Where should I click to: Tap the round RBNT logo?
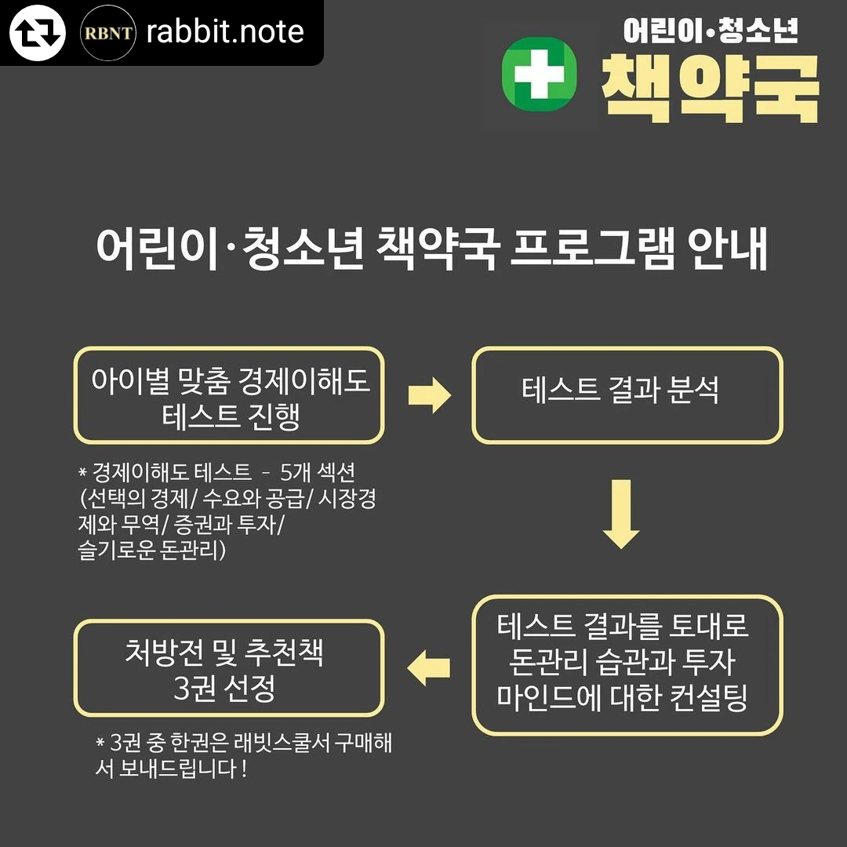coord(109,32)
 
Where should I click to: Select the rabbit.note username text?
coord(225,32)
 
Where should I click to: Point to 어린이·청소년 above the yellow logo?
coord(711,31)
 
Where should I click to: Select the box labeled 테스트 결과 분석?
coord(627,395)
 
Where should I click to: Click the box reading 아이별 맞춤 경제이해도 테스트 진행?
coord(229,395)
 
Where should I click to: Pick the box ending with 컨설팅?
coord(627,665)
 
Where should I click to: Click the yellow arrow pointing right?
coord(429,395)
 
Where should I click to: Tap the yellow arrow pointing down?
coord(621,514)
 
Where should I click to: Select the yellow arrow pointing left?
coord(429,668)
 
